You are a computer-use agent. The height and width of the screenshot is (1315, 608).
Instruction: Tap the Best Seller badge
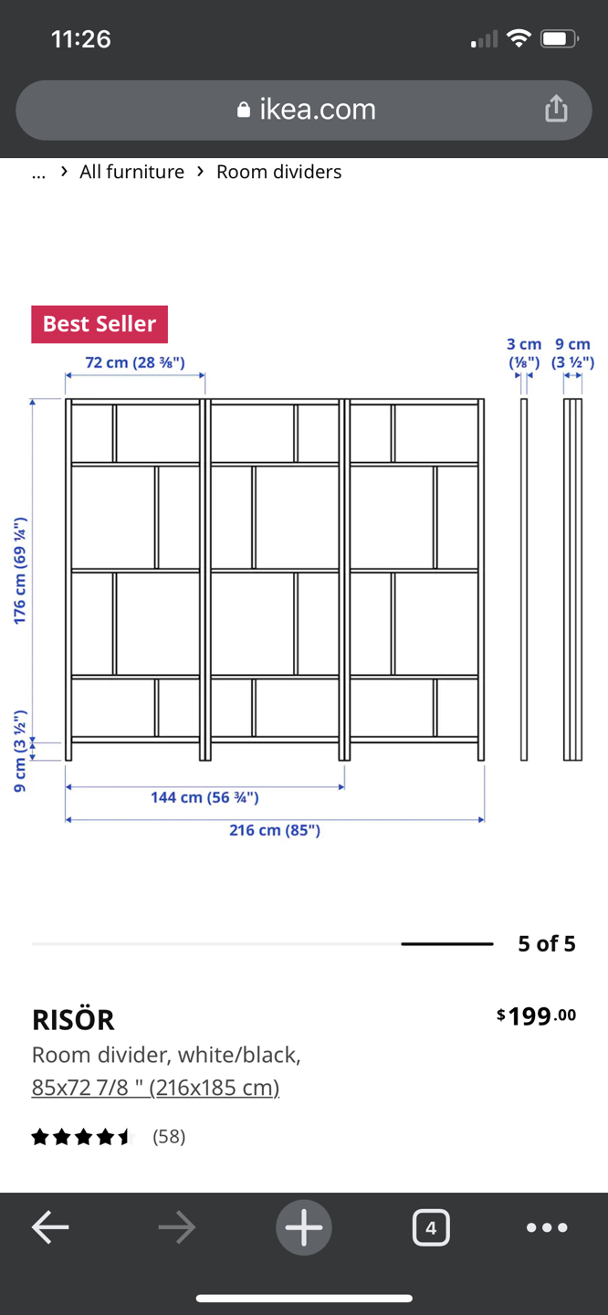[x=100, y=324]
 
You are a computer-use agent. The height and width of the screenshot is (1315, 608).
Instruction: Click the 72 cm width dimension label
[x=135, y=363]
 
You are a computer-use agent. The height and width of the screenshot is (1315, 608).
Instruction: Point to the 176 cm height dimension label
[x=20, y=571]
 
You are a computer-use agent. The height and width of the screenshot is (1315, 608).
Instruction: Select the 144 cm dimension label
[x=204, y=797]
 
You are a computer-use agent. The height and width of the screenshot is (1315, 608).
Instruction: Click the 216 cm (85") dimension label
[x=275, y=830]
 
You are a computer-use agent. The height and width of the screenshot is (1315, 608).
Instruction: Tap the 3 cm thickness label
[x=524, y=352]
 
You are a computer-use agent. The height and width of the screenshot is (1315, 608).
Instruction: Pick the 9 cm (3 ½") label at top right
[x=572, y=352]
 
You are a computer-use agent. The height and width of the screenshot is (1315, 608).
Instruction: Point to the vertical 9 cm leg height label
[x=20, y=751]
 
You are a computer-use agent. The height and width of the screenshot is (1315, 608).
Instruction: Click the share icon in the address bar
[x=556, y=110]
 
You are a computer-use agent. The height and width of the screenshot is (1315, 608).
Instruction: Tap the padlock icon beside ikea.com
[x=243, y=110]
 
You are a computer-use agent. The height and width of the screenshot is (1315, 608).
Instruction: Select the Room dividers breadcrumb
[x=278, y=172]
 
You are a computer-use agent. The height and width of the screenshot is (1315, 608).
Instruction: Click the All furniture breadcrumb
[x=131, y=172]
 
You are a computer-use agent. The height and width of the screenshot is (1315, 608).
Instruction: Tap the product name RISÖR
[x=73, y=1019]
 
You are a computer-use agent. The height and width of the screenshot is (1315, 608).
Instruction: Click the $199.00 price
[x=537, y=1015]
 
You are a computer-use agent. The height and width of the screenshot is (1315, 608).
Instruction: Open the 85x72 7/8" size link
[x=155, y=1088]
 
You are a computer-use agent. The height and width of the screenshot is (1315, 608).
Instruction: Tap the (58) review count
[x=169, y=1136]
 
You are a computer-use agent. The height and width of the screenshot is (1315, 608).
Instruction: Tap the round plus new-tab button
[x=304, y=1227]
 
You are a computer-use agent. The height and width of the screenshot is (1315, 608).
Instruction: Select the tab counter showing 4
[x=431, y=1227]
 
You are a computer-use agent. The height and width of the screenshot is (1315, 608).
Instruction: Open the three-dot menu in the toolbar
[x=547, y=1227]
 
